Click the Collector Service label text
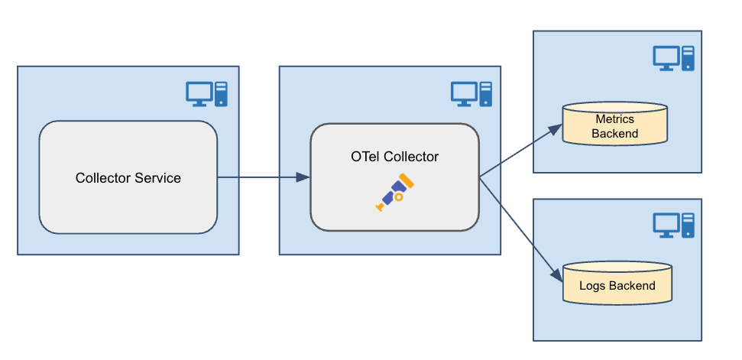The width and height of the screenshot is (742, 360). click(128, 178)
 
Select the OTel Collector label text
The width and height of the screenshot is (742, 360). click(394, 157)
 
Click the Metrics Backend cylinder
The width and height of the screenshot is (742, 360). click(614, 124)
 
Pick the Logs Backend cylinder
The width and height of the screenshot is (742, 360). click(617, 282)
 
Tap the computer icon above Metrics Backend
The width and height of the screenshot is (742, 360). click(673, 58)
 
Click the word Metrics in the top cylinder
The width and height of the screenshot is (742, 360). click(614, 119)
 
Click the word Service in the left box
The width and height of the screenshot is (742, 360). click(158, 178)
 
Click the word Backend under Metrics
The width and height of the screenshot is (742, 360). click(614, 134)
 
